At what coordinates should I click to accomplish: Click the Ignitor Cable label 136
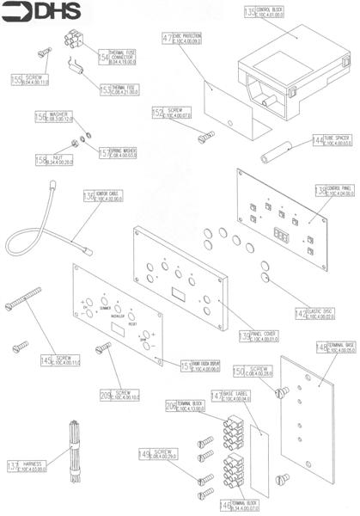(x=97, y=197)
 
